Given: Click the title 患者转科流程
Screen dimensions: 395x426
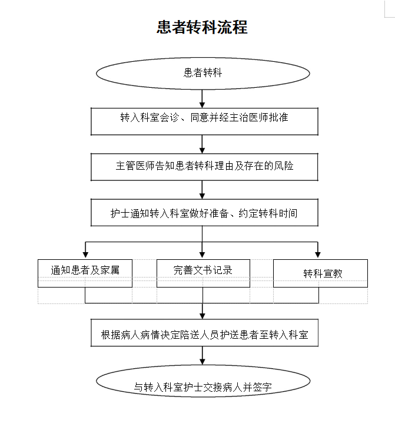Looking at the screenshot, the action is (202, 27).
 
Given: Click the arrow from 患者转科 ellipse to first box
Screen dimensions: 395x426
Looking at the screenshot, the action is (202, 98).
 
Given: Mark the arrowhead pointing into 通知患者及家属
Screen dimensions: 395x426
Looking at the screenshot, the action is (85, 255).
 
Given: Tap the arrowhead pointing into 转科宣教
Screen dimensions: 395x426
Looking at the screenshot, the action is (318, 255).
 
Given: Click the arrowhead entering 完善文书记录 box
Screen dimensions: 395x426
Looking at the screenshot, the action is (202, 255).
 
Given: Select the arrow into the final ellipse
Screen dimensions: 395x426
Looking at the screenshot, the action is (203, 356).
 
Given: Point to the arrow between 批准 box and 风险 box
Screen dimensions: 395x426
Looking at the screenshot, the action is (202, 144).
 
